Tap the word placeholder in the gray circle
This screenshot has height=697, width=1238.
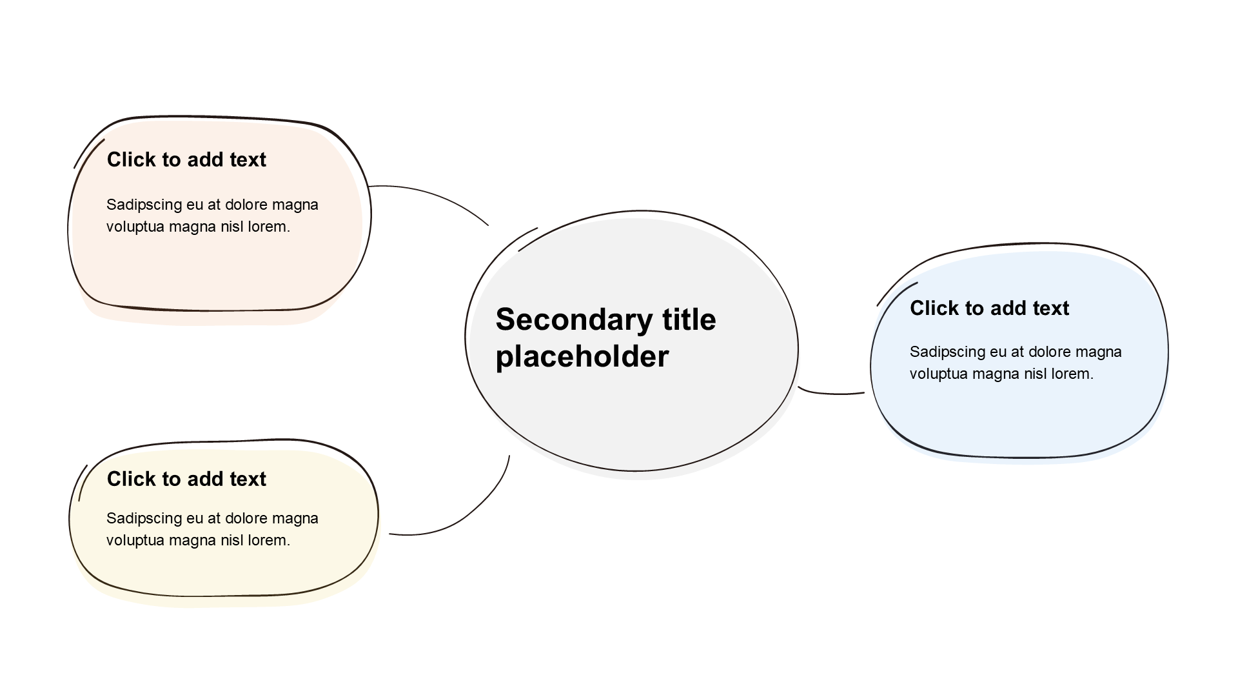coord(582,356)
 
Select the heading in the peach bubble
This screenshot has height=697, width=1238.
coord(186,159)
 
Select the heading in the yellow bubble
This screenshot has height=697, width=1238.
coord(186,479)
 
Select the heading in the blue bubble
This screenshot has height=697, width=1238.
coord(989,308)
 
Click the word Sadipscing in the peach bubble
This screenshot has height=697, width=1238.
coord(144,205)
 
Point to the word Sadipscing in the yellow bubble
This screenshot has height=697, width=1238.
coord(144,519)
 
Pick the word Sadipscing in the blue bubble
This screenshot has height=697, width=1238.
coord(948,352)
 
